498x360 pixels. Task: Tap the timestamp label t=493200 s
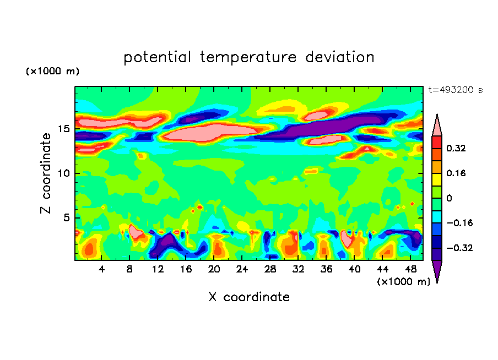pyautogui.click(x=455, y=90)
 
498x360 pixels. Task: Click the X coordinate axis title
pyautogui.click(x=249, y=297)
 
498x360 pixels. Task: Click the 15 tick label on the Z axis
pyautogui.click(x=63, y=129)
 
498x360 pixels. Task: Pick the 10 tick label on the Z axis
pyautogui.click(x=63, y=173)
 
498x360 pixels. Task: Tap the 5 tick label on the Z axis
pyautogui.click(x=66, y=217)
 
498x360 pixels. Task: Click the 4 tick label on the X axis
pyautogui.click(x=102, y=269)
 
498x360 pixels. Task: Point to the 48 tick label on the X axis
pyautogui.click(x=411, y=269)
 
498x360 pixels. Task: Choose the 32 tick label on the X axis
pyautogui.click(x=299, y=269)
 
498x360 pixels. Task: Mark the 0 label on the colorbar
pyautogui.click(x=450, y=198)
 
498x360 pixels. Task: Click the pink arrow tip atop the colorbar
pyautogui.click(x=437, y=126)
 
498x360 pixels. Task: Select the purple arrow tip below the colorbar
pyautogui.click(x=437, y=270)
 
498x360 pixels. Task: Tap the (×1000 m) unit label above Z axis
pyautogui.click(x=52, y=72)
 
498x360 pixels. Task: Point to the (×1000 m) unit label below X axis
pyautogui.click(x=404, y=281)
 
